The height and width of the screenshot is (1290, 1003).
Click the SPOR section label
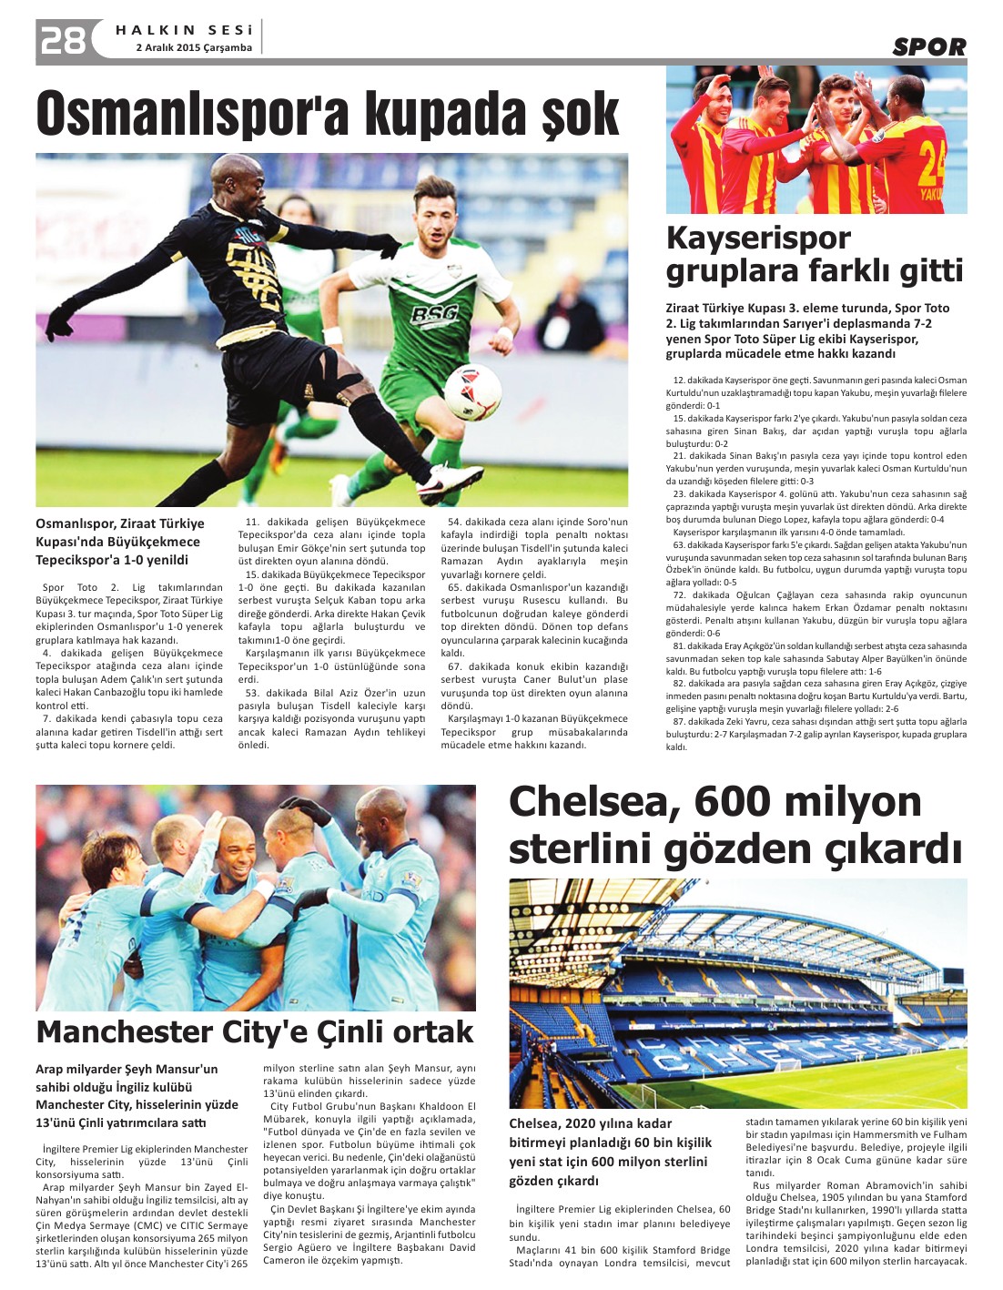click(928, 47)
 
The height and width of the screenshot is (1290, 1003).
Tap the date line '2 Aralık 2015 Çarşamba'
click(194, 47)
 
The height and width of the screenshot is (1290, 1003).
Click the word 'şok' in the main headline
click(580, 115)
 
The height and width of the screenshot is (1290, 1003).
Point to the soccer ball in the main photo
click(472, 391)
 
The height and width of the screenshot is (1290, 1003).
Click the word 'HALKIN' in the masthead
click(156, 30)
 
